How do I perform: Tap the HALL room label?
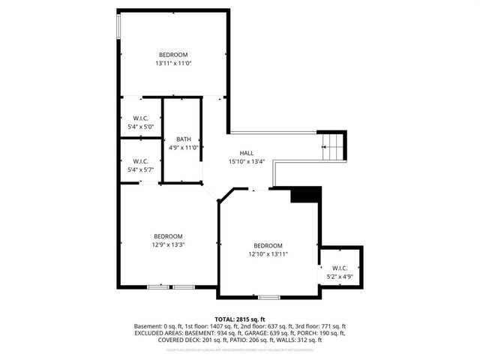pos(246,153)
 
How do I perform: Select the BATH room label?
pos(184,139)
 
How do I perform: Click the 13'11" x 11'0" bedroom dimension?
pos(172,63)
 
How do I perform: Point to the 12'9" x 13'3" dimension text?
pos(169,244)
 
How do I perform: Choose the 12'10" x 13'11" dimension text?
pos(268,254)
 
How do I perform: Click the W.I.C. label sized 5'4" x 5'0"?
pos(140,127)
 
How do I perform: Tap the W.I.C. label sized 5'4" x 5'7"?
pos(140,169)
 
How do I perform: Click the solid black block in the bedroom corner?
pos(304,195)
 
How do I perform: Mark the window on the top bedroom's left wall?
pos(118,25)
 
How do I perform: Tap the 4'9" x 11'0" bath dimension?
pos(184,148)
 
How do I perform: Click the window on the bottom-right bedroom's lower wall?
pos(269,298)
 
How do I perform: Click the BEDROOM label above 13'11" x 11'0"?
pos(172,55)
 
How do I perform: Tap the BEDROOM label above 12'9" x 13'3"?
pos(169,235)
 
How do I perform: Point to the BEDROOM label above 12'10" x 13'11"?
pos(268,246)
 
